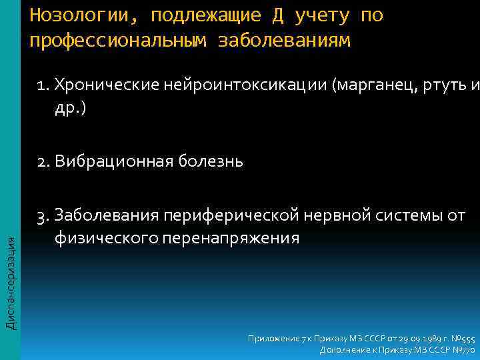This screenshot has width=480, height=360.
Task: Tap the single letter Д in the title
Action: [279, 15]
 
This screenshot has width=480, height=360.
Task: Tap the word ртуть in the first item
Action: [442, 85]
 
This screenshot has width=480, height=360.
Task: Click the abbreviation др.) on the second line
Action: [70, 108]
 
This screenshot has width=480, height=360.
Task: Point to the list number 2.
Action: [44, 161]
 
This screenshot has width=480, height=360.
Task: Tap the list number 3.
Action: [44, 215]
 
